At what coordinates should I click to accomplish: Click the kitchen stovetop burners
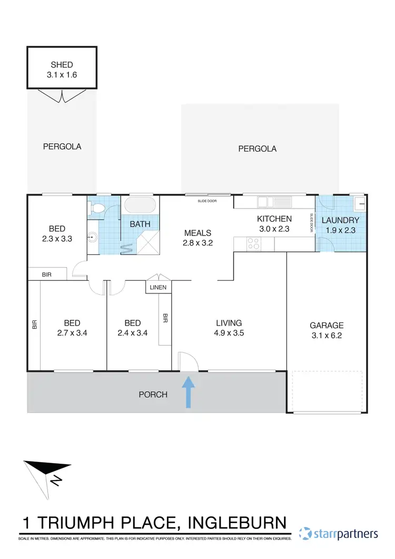(x=254, y=243)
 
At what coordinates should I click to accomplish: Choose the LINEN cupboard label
(x=158, y=288)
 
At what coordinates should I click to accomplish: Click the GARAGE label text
(x=327, y=326)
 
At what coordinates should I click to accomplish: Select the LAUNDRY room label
(x=340, y=220)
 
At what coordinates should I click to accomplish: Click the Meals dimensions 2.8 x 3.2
(x=197, y=243)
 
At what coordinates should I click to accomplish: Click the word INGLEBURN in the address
(x=238, y=523)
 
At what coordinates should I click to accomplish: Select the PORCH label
(x=153, y=394)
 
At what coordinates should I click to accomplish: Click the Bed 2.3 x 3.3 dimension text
(x=57, y=238)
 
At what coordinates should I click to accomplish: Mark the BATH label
(x=140, y=224)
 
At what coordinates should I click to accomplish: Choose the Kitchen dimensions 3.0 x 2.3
(x=274, y=229)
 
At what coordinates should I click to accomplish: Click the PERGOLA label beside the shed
(x=62, y=146)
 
